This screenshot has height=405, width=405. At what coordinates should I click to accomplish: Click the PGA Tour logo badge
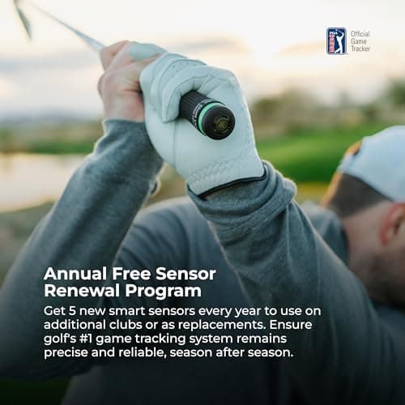336,40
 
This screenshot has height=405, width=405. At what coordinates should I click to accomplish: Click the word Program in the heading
162,291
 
